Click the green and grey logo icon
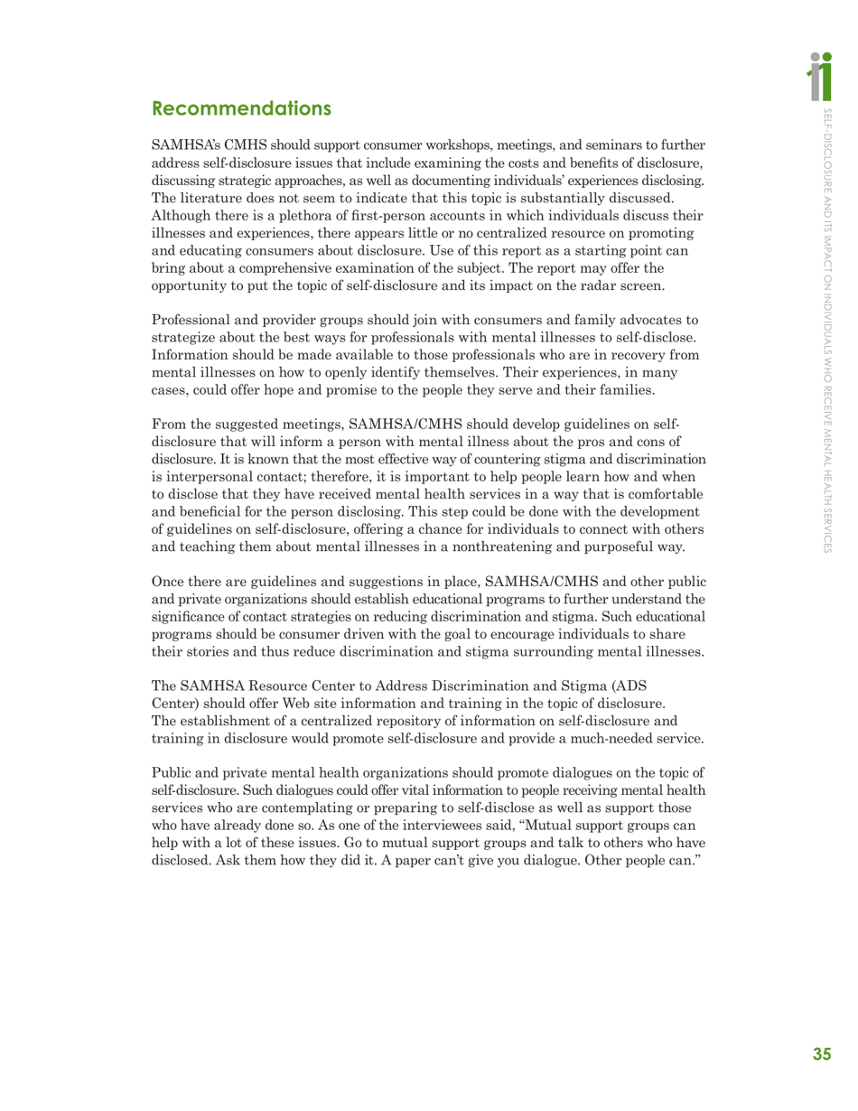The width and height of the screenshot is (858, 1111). (x=823, y=76)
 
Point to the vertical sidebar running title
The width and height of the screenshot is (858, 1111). (x=824, y=325)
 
